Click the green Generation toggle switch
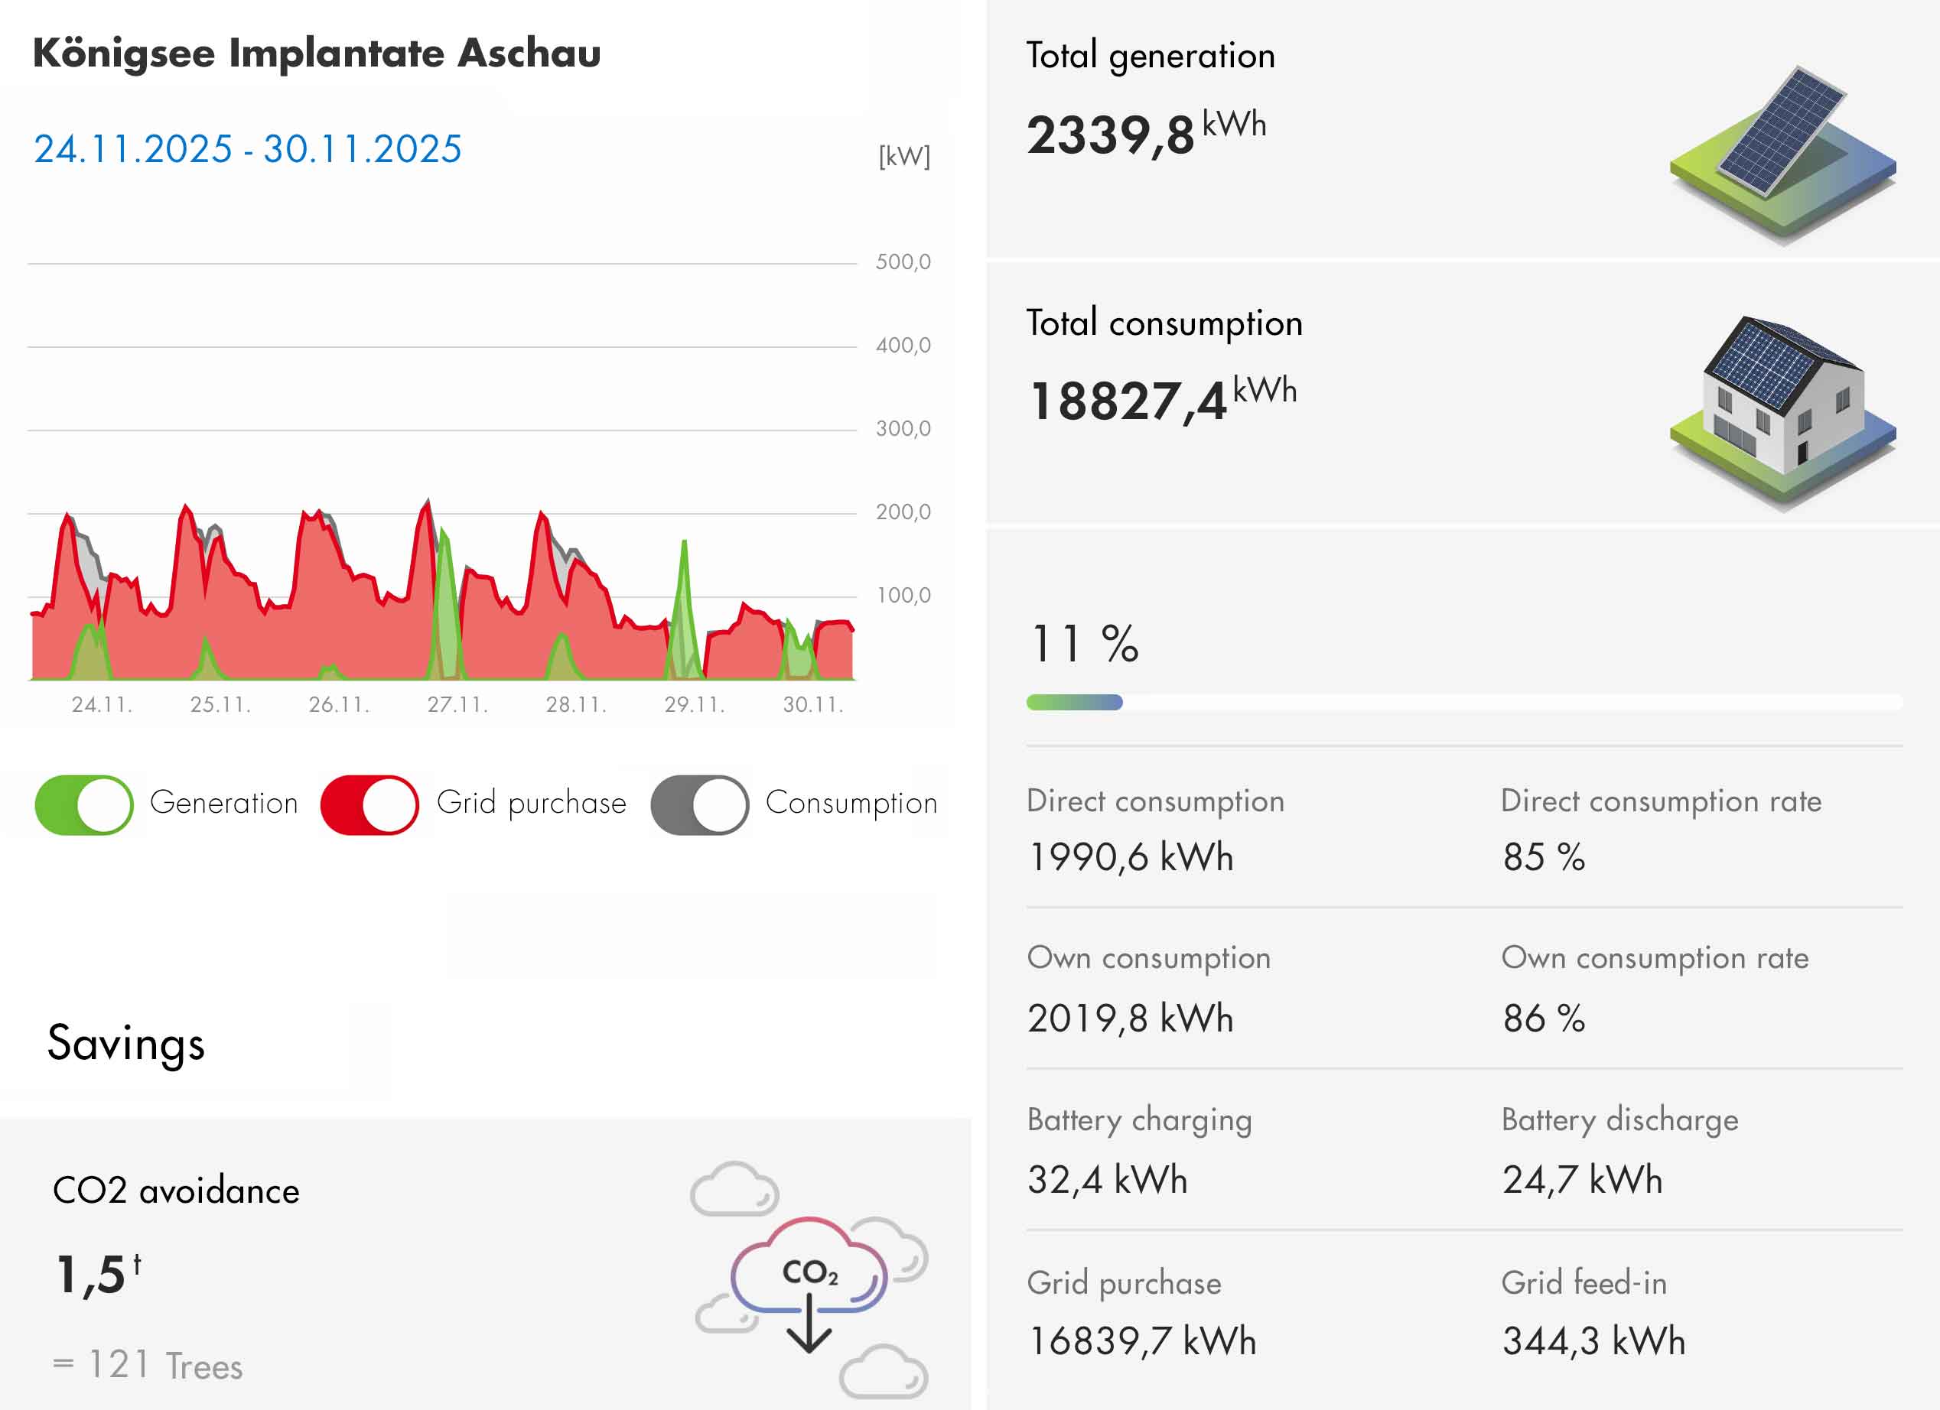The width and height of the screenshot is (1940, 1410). tap(84, 804)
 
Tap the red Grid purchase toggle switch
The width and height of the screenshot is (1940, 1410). tap(369, 804)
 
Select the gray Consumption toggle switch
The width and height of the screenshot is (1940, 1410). tap(699, 804)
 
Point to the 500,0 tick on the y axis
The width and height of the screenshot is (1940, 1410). tap(903, 262)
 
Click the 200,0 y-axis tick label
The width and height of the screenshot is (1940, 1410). tap(903, 512)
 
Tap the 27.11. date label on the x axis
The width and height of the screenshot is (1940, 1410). tap(457, 704)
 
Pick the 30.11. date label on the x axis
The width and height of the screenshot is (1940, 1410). tap(813, 704)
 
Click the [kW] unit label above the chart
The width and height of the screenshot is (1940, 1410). tap(904, 157)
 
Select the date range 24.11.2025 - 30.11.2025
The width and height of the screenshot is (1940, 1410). tap(247, 149)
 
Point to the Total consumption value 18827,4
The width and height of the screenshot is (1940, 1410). tap(1128, 401)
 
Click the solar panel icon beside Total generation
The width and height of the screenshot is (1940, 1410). tap(1782, 154)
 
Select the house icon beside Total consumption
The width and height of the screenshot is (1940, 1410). tap(1782, 411)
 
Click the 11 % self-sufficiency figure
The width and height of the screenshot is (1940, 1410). tap(1084, 644)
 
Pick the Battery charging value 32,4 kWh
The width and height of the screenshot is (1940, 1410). tap(1107, 1180)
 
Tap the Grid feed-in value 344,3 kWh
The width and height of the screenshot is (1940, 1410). tap(1593, 1340)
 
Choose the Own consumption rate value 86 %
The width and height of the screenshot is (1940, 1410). tap(1544, 1019)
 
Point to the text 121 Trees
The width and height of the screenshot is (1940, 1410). tap(165, 1366)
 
